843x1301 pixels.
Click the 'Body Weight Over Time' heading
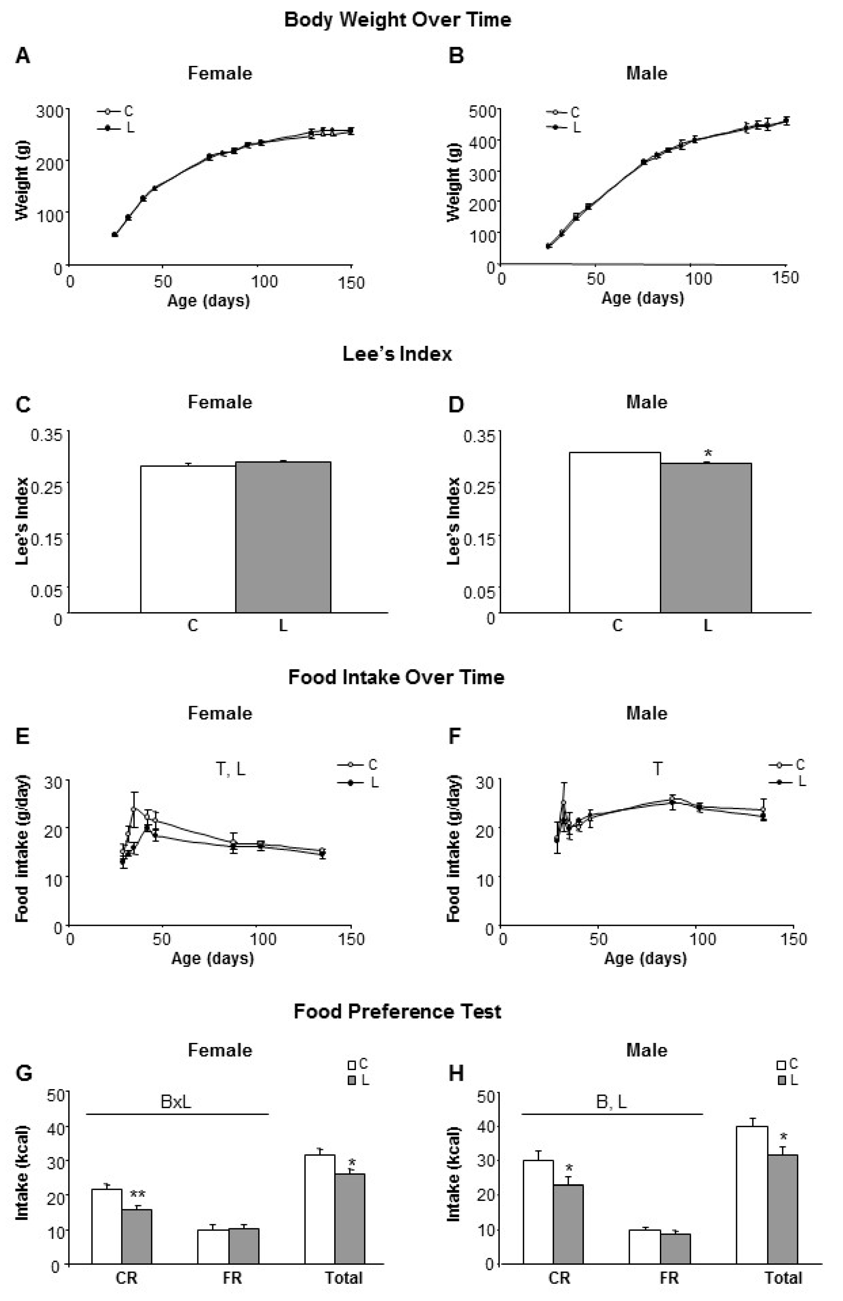[x=397, y=20]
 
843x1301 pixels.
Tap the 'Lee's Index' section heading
[x=397, y=354]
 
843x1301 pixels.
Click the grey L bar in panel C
[x=283, y=537]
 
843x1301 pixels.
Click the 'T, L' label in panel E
[x=230, y=769]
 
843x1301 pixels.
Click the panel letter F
[x=455, y=737]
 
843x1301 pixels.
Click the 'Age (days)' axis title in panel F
[x=645, y=958]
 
